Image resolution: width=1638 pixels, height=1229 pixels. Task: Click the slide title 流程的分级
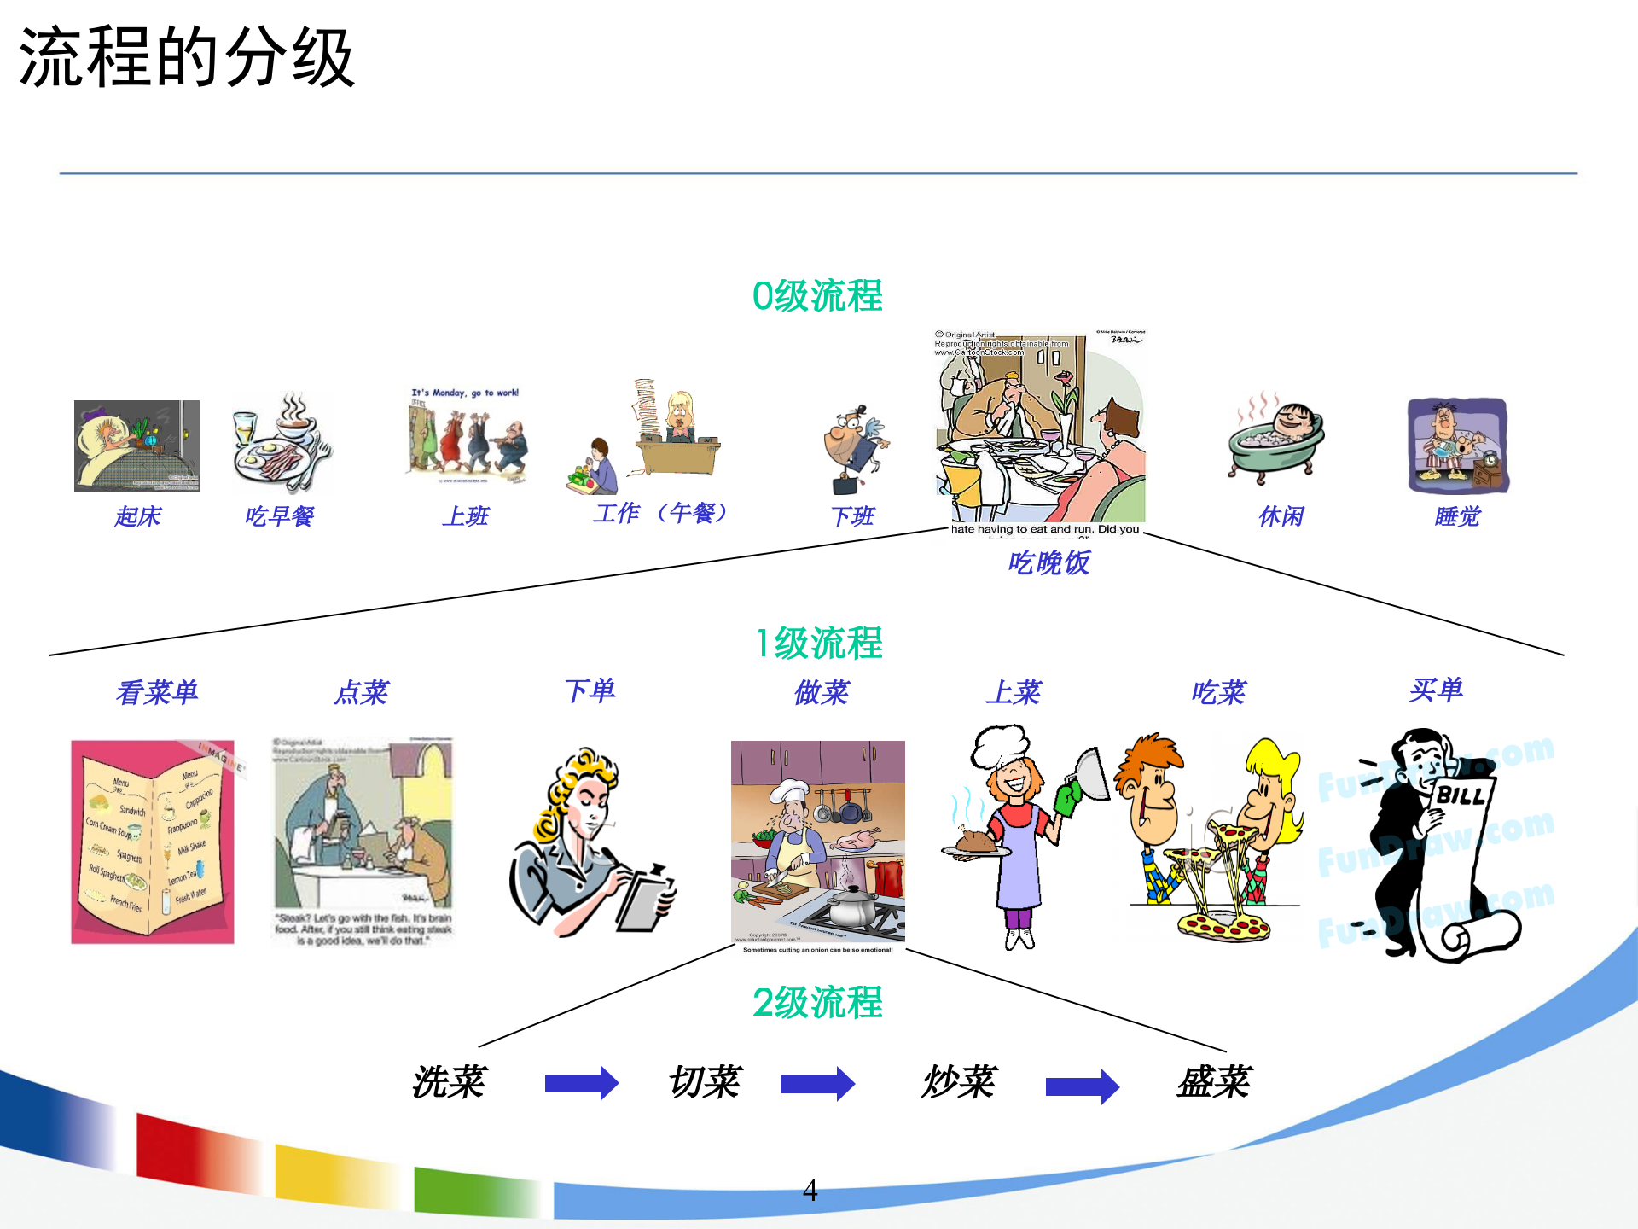pos(186,58)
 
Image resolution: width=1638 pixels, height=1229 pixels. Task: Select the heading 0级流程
pos(817,297)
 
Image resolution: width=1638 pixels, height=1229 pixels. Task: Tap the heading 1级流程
pos(819,644)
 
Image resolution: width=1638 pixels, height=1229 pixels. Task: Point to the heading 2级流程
pos(817,1003)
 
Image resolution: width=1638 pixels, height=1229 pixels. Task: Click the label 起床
pos(137,516)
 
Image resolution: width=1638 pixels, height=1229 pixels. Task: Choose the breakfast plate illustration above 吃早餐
pos(281,444)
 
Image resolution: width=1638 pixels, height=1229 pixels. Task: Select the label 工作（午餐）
pos(660,514)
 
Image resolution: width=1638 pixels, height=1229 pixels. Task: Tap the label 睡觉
pos(1457,516)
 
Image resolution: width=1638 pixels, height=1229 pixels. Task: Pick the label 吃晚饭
pos(1048,563)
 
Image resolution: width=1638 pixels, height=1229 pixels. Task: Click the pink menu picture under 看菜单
pos(153,842)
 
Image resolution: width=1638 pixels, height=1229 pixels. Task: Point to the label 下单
pos(590,690)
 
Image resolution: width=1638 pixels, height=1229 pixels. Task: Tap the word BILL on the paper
pos(1461,796)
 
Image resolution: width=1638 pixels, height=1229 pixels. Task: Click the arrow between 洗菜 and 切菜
pos(581,1083)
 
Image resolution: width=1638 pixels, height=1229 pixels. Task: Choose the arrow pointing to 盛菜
pos(1082,1086)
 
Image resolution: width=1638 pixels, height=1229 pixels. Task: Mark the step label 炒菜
pos(959,1082)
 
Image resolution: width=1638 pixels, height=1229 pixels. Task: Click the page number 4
pos(810,1190)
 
